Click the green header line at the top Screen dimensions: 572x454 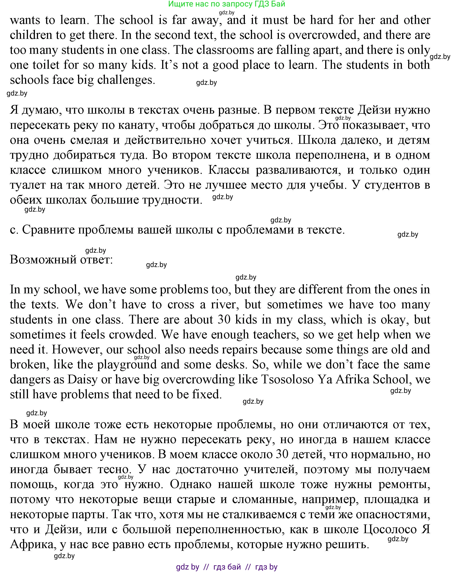pos(227,4)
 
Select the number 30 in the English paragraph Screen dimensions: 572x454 pos(224,320)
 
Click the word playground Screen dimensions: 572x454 pos(127,365)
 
